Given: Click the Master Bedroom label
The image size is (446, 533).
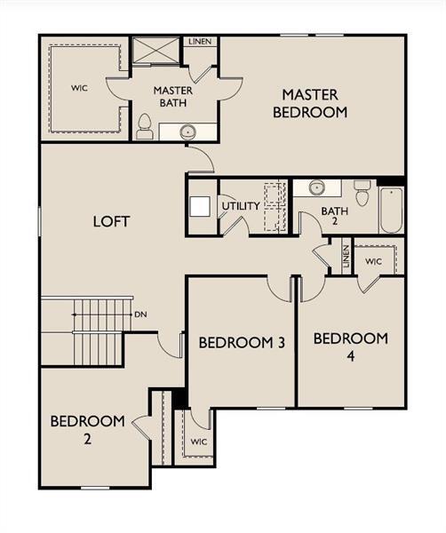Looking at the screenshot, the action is [310, 103].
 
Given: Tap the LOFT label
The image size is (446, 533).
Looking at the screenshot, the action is [111, 221].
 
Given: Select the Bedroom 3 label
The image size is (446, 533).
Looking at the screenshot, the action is [242, 343].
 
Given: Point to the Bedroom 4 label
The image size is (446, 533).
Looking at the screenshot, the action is [350, 346].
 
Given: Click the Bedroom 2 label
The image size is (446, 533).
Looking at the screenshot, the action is [87, 430].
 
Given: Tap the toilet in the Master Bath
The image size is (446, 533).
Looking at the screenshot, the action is [145, 126].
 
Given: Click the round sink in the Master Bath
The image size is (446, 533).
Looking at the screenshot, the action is [187, 131].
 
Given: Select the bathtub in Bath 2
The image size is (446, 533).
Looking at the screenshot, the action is [391, 210].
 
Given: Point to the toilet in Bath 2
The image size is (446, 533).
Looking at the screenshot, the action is [362, 193].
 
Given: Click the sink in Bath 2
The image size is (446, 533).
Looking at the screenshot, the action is [317, 187].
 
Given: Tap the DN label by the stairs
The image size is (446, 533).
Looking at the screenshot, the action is [140, 314].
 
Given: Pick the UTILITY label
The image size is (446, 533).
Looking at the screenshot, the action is [241, 206].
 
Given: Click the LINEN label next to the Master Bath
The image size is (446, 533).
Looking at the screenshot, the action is [200, 42].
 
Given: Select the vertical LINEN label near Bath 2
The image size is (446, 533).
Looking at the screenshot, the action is [346, 257].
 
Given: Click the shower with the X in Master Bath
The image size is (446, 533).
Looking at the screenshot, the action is [155, 50].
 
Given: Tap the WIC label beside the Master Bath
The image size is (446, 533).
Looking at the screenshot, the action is [79, 88].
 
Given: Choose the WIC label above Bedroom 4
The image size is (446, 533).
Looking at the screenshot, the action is [374, 261].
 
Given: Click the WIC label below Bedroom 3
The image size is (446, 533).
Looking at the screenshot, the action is [199, 442].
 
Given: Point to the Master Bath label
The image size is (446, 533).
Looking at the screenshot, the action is [173, 97].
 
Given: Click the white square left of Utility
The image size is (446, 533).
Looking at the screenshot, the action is [200, 206].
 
